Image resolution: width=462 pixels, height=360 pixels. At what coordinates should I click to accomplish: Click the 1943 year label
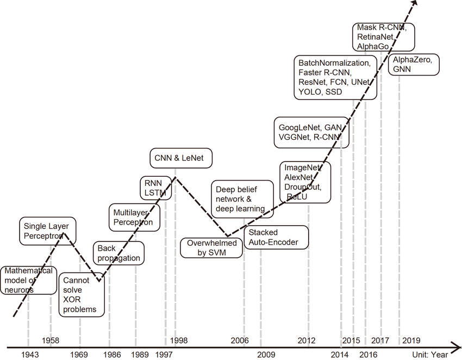[30, 355]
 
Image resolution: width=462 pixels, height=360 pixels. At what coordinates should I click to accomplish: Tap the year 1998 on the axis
[179, 341]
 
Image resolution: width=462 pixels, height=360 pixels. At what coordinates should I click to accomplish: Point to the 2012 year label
[307, 341]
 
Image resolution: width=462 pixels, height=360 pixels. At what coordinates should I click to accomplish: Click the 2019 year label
[410, 341]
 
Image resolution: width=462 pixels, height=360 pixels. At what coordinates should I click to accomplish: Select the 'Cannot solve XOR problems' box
[80, 295]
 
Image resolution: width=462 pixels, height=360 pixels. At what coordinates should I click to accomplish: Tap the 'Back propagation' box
[118, 253]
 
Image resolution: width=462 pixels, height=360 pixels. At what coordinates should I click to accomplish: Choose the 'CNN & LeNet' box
[180, 158]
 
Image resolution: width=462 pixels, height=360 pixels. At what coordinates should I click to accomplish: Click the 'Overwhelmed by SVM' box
[212, 247]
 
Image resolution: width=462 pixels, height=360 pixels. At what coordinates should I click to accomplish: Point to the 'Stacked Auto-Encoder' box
[276, 237]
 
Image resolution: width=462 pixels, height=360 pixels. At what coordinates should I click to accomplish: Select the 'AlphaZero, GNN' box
[413, 65]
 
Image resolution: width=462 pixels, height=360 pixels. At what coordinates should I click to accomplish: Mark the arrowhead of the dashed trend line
[414, 3]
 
